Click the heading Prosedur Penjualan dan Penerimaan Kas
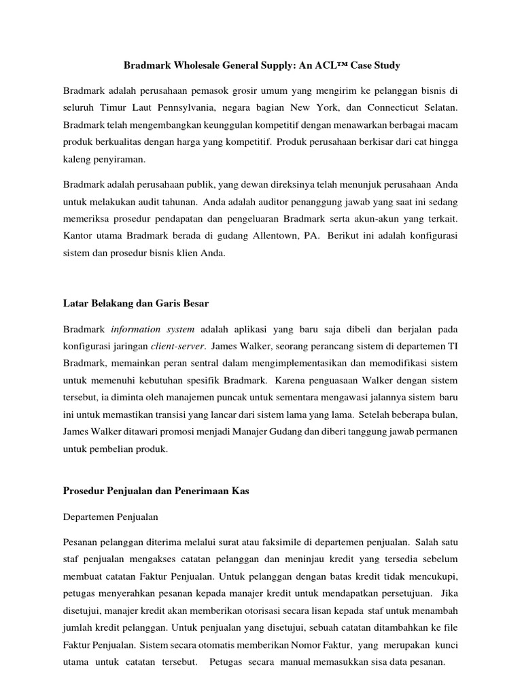click(156, 491)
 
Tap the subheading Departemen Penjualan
click(111, 517)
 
